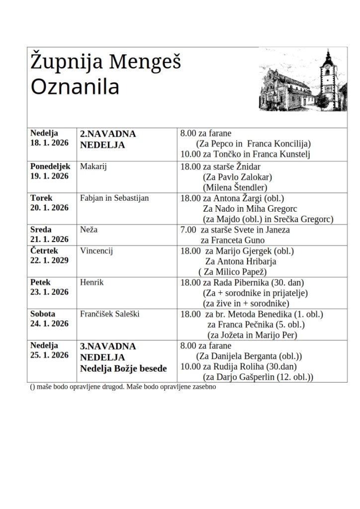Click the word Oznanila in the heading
[75, 86]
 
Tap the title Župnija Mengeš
[105, 63]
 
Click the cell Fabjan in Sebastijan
[114, 198]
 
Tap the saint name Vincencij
[96, 251]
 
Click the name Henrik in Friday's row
[91, 282]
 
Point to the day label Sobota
[43, 314]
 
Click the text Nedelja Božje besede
[124, 368]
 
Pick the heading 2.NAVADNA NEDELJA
[108, 139]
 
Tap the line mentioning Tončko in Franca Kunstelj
[245, 155]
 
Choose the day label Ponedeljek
[50, 167]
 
